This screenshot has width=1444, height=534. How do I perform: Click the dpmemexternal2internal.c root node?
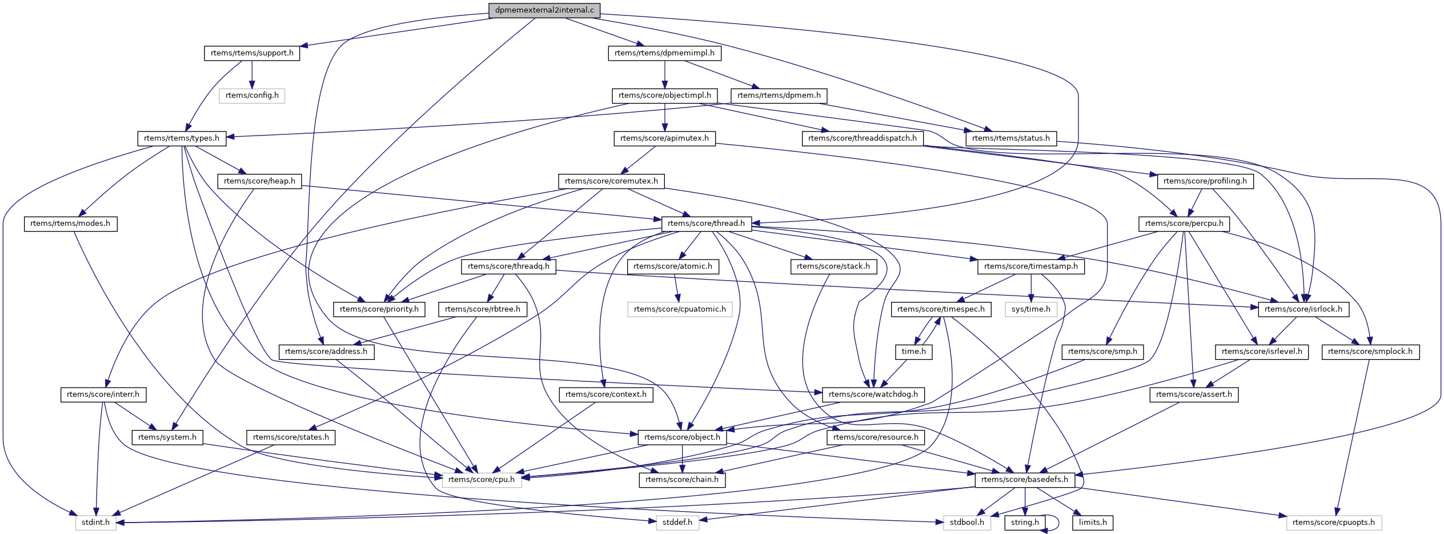click(544, 10)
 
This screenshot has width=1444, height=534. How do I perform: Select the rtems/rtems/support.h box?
click(252, 53)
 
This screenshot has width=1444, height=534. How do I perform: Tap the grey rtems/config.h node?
click(252, 95)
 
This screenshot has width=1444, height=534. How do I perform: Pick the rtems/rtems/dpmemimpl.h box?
click(664, 53)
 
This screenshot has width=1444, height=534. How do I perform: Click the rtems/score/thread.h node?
click(706, 224)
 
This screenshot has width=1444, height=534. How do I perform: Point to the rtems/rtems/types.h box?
click(182, 138)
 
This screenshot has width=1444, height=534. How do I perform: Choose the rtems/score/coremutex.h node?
click(611, 181)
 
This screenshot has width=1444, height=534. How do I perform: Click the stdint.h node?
click(96, 523)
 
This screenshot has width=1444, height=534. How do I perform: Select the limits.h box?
click(1093, 523)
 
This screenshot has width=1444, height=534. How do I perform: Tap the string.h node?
click(1025, 523)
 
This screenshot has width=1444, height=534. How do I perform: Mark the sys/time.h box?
click(1031, 309)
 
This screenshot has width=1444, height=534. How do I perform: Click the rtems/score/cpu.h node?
click(482, 480)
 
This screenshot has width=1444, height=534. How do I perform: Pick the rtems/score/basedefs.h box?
click(1025, 480)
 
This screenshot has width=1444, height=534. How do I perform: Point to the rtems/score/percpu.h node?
click(1184, 224)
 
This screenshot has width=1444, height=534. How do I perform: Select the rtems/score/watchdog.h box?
click(873, 394)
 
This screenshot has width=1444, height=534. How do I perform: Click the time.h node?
click(913, 352)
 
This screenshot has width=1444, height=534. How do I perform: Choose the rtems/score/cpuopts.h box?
click(1334, 523)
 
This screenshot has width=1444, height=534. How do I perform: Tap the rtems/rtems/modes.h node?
click(70, 224)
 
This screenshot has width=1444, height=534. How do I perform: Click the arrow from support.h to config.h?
click(252, 74)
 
